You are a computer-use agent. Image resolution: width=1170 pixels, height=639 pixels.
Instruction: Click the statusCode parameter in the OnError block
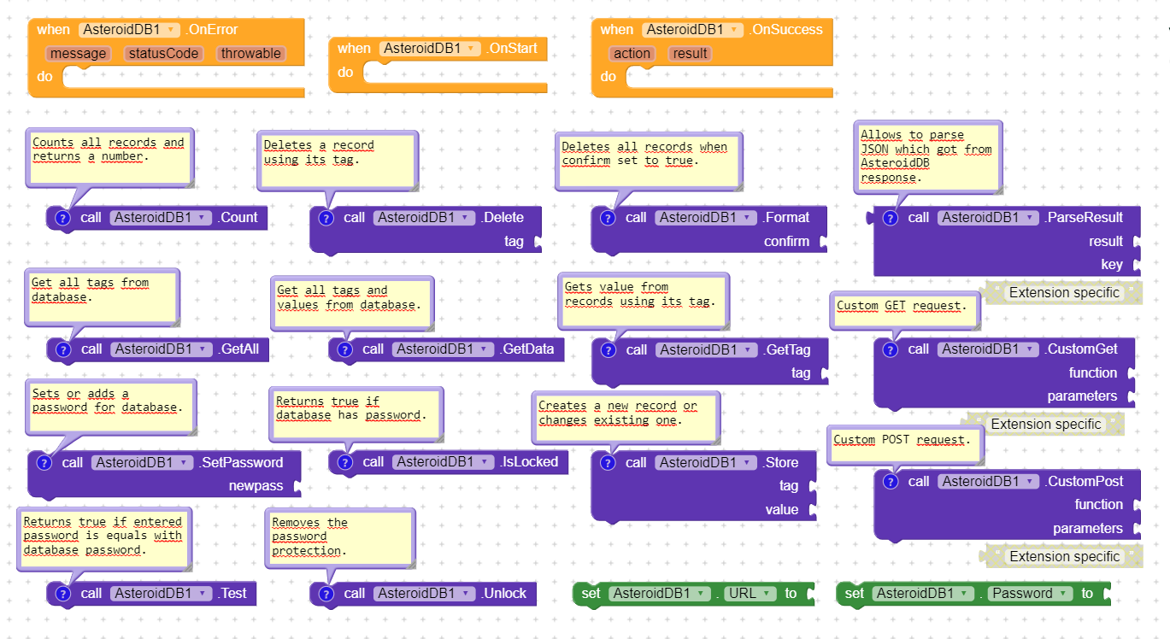tap(163, 53)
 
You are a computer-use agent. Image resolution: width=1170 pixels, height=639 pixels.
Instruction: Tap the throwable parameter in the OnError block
tap(250, 53)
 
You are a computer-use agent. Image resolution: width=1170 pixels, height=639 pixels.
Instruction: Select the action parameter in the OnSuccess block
tap(632, 53)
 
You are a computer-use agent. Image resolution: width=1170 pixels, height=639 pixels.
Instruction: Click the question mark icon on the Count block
tap(62, 218)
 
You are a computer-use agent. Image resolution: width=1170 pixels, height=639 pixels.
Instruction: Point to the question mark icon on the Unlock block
tap(326, 594)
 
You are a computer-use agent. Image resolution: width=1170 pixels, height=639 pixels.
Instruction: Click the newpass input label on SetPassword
tap(256, 485)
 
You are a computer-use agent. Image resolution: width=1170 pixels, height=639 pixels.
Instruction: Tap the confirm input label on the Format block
tap(786, 241)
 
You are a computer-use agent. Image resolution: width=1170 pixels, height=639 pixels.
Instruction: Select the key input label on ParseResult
tap(1112, 265)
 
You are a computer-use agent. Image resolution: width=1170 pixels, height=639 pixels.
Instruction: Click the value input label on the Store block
tap(782, 509)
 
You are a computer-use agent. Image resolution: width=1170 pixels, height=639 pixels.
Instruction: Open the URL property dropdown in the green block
tap(747, 594)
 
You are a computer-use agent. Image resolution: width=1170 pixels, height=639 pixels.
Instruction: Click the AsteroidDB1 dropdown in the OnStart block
tap(429, 49)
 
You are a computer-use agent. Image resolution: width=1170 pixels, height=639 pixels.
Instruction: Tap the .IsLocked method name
tap(529, 462)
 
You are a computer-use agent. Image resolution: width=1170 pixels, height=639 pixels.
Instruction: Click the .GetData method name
tap(526, 349)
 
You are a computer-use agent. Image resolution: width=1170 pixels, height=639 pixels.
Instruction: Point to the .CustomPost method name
tap(1084, 481)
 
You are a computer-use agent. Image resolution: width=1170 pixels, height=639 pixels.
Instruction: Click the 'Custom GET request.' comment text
tap(902, 306)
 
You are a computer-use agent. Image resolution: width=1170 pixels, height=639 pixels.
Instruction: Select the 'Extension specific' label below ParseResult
tap(1064, 293)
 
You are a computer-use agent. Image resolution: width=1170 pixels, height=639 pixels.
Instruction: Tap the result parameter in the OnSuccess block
tap(690, 53)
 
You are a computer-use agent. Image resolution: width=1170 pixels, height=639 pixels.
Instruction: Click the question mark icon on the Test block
tap(63, 594)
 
